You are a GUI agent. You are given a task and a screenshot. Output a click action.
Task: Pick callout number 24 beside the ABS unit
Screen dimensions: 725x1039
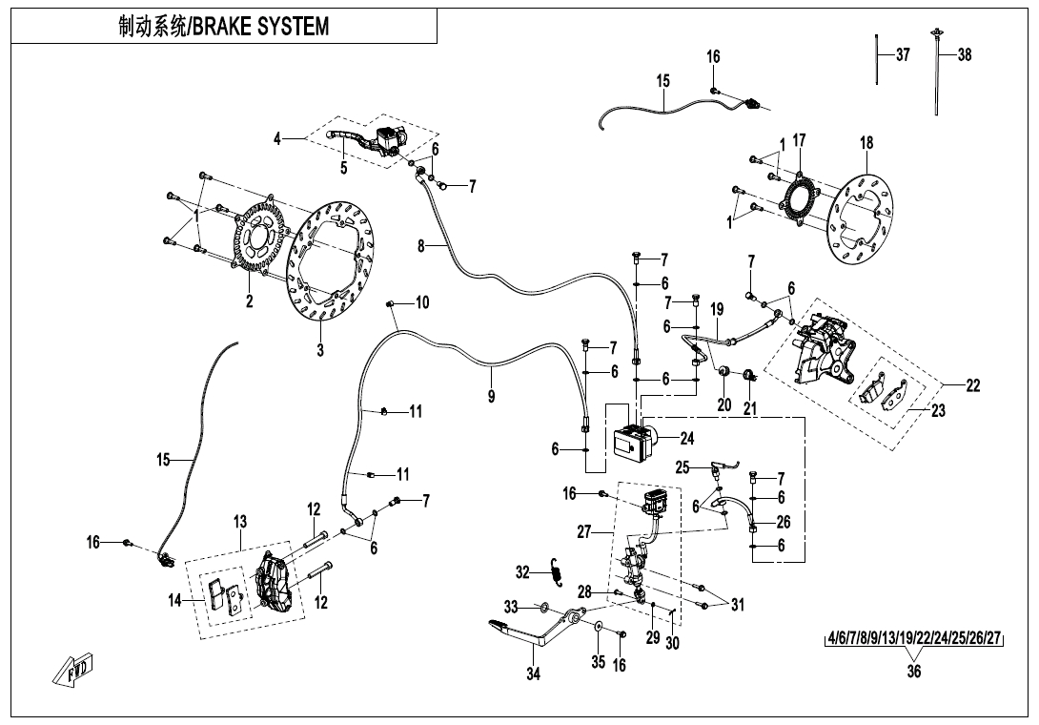pos(686,439)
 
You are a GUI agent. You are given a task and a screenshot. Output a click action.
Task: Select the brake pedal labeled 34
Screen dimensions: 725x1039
pos(534,639)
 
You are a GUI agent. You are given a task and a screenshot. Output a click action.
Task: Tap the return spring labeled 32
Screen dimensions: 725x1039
pos(560,571)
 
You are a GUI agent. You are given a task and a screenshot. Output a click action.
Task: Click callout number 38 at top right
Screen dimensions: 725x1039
pos(964,55)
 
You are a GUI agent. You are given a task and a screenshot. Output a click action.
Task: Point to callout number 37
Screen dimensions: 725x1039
pos(903,55)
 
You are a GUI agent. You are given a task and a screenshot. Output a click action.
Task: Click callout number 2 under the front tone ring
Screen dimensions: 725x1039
pos(249,302)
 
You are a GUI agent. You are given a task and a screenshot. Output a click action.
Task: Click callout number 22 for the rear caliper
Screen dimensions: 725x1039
pos(972,385)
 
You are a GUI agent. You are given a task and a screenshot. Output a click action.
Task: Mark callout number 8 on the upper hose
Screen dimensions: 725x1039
pos(421,245)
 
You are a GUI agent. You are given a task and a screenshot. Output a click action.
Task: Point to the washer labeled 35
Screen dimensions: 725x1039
pos(600,629)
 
